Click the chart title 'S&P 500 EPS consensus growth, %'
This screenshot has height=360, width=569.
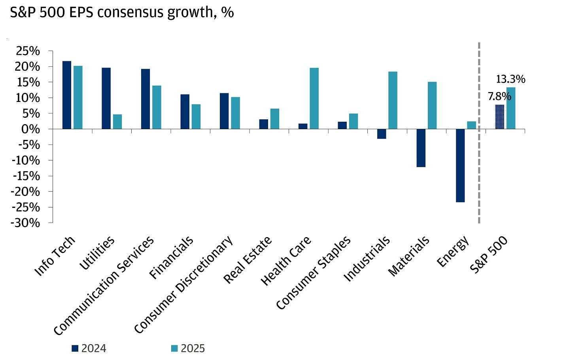point(122,13)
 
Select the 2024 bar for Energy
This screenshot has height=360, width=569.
point(460,166)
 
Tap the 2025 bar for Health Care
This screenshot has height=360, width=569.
point(314,98)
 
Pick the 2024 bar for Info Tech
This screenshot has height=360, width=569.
point(67,95)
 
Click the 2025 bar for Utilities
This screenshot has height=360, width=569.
point(117,122)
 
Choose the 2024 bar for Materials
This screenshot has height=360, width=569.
point(421,148)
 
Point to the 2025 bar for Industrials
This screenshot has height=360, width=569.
point(393,100)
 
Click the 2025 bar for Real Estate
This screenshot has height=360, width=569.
point(275,119)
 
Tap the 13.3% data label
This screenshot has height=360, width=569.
point(510,79)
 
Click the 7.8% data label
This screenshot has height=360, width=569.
point(499,96)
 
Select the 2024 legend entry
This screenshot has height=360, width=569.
point(89,348)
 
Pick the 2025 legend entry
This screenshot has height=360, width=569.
point(188,348)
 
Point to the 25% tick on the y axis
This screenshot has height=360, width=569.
point(28,51)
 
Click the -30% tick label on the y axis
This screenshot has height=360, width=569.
point(26,223)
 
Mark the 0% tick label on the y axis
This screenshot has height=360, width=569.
point(31,129)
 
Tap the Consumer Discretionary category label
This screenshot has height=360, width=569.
point(184,285)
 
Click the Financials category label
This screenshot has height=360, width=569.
point(172,257)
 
